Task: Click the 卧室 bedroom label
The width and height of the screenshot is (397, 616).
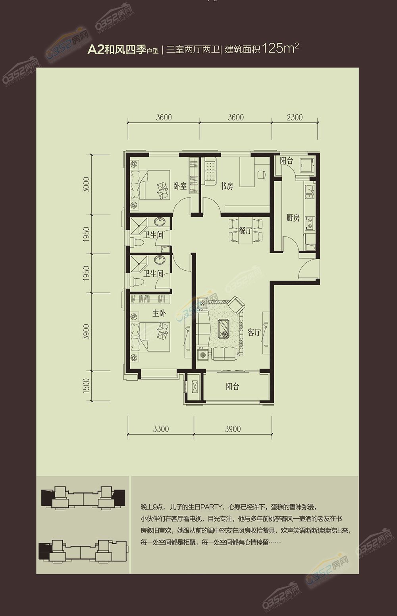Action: [180, 186]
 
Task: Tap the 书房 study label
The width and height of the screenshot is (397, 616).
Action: [226, 186]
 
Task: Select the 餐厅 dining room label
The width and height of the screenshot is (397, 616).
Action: [245, 231]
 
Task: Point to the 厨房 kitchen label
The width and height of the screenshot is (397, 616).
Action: [293, 218]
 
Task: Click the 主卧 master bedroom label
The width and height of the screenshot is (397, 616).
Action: [159, 313]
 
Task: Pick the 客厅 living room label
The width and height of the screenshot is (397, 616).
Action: [254, 333]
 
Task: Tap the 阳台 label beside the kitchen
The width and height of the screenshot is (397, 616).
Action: [286, 161]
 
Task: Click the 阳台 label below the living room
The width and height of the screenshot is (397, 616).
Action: [233, 386]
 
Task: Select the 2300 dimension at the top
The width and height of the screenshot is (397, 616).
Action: [294, 117]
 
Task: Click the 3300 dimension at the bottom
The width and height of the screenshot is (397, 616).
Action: [160, 429]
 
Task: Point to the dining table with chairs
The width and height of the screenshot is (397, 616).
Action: [245, 231]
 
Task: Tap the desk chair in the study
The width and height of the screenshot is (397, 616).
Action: [261, 174]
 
